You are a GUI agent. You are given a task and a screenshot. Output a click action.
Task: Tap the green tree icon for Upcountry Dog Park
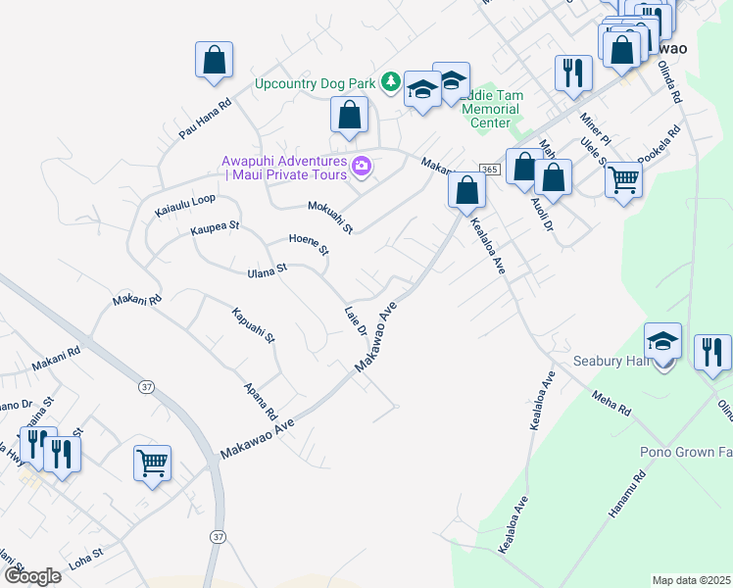[390, 81]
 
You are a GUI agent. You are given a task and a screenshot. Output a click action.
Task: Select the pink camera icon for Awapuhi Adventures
[361, 168]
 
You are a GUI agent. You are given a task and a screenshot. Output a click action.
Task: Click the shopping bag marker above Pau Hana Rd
[214, 61]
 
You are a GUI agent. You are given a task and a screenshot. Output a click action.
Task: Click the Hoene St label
[309, 244]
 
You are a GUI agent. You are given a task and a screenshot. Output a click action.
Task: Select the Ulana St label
[267, 269]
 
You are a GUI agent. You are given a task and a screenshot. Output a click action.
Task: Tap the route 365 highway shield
[490, 170]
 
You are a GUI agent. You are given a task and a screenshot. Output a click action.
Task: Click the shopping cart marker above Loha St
[152, 462]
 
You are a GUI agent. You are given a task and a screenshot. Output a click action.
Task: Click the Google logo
[31, 576]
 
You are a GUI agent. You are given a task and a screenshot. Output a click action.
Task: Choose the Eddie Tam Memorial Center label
[492, 109]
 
